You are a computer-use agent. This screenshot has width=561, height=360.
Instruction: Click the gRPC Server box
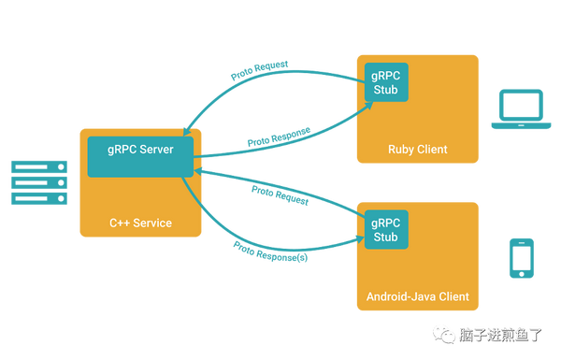[140, 155]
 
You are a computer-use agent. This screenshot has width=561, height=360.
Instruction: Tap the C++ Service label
[140, 223]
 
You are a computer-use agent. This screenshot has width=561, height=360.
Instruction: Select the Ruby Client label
[417, 150]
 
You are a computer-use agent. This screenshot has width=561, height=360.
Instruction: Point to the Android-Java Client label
[417, 298]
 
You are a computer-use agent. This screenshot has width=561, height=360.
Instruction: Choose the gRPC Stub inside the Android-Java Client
[385, 230]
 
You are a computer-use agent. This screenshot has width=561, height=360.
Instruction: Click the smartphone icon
[520, 258]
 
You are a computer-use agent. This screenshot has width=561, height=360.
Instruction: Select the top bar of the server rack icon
[38, 166]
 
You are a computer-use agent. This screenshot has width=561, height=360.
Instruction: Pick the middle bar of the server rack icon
[38, 182]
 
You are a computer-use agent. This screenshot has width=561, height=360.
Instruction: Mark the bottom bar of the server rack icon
[38, 199]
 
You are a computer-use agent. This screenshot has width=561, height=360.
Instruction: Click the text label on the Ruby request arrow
[261, 70]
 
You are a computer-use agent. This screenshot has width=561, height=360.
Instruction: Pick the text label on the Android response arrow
[271, 251]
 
